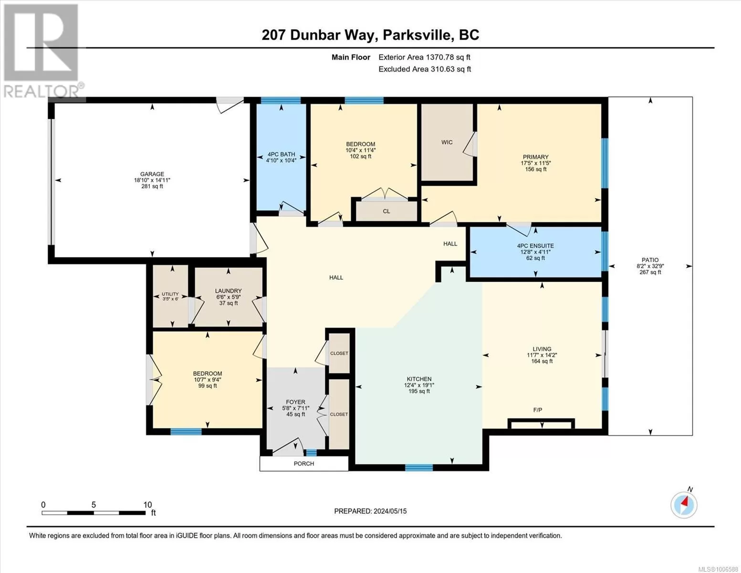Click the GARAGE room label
tap(152, 174)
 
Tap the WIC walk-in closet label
tap(447, 142)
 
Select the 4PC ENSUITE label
tap(535, 246)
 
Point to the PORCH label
tap(304, 464)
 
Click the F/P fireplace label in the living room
tap(537, 410)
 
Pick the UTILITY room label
tap(170, 294)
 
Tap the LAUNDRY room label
tap(228, 291)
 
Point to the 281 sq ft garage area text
tap(152, 186)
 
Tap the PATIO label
tap(650, 260)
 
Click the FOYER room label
tap(295, 402)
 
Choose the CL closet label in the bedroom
tap(386, 211)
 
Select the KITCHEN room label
tap(419, 379)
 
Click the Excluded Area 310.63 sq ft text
tap(425, 69)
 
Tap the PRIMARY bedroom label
tap(535, 157)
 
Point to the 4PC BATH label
tap(281, 154)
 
